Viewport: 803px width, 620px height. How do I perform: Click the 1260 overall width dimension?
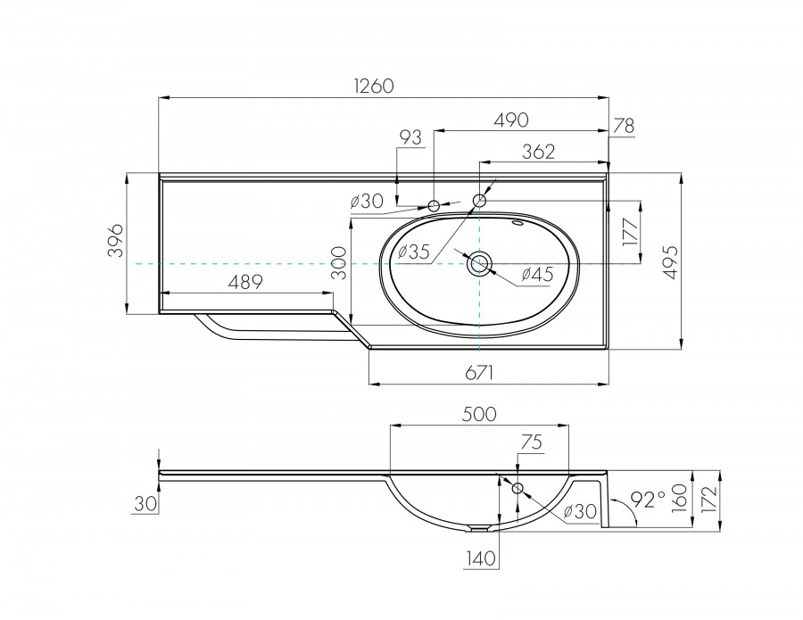(x=373, y=87)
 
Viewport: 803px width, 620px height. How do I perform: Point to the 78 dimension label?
(x=624, y=126)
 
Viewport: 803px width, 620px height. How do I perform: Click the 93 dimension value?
(x=410, y=137)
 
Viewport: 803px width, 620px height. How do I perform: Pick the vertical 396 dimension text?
(x=114, y=241)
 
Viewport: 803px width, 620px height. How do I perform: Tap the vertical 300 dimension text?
(x=338, y=264)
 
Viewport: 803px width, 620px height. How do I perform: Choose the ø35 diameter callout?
(x=414, y=252)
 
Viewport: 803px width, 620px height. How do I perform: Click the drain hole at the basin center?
(x=479, y=263)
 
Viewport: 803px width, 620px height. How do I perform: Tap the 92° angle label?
(x=649, y=499)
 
